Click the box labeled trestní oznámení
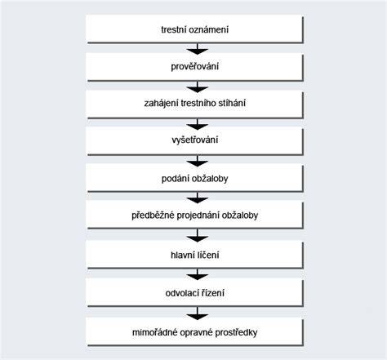(x=194, y=29)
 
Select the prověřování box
(x=194, y=67)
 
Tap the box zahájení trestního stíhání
(x=194, y=104)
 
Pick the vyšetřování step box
(x=194, y=140)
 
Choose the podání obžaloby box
(x=194, y=179)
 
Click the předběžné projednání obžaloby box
(x=194, y=216)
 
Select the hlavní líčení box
(x=194, y=255)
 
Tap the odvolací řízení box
(x=194, y=293)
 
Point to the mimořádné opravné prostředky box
(x=194, y=332)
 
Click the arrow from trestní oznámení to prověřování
(x=198, y=49)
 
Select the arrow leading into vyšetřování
(x=198, y=124)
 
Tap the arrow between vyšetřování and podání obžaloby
(x=198, y=161)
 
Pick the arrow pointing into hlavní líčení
(x=198, y=235)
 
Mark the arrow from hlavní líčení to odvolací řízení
(x=198, y=274)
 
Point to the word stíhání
(x=232, y=104)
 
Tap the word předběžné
(x=153, y=216)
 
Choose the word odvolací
(x=182, y=293)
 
